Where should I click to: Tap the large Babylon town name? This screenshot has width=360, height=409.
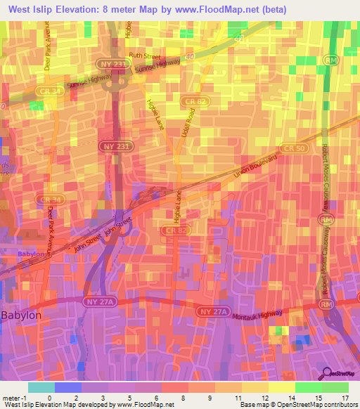tap(21, 316)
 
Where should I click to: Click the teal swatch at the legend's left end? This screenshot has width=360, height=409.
tap(41, 387)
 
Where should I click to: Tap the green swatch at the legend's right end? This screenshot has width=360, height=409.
tap(335, 387)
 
